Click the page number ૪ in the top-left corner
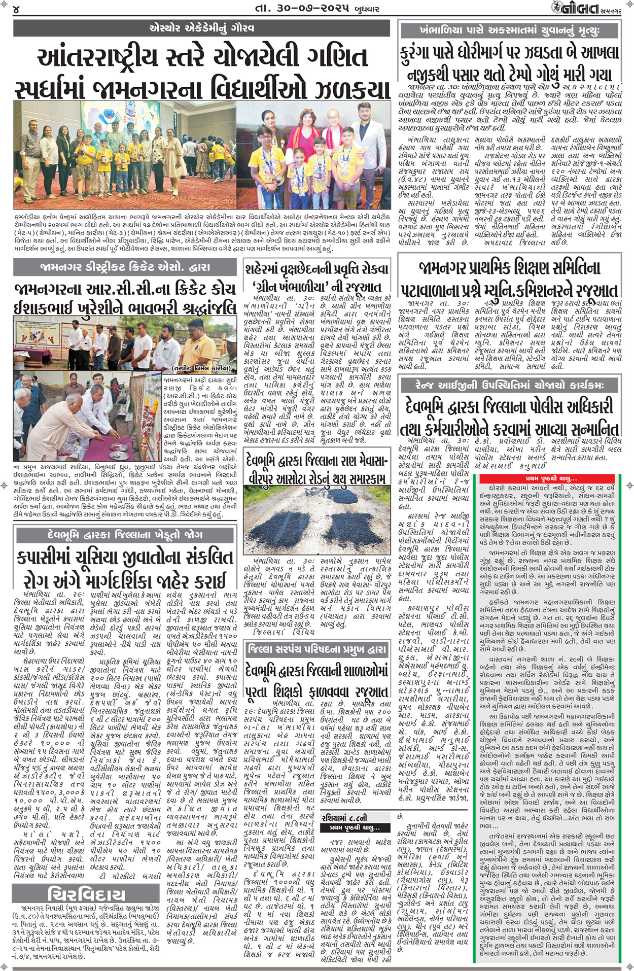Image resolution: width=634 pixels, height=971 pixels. tap(17, 9)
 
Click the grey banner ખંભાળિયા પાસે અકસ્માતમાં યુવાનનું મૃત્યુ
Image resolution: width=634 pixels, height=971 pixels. tap(509, 30)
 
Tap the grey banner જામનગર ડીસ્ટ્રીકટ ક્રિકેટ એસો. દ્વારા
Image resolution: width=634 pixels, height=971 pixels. tap(124, 267)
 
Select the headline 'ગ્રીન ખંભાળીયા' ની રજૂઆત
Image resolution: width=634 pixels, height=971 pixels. tap(316, 287)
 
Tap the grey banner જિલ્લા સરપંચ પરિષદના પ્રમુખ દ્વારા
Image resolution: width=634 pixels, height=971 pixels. tap(316, 650)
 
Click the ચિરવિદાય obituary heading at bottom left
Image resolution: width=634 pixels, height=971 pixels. tap(86, 894)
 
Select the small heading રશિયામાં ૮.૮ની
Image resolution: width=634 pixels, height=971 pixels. tap(345, 817)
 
